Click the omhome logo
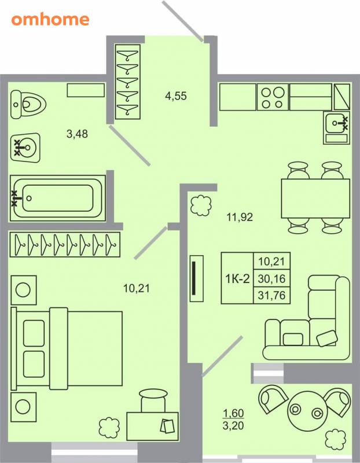(x=50, y=20)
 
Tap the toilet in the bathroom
(x=28, y=105)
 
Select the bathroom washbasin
(x=25, y=148)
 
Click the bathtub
(x=58, y=198)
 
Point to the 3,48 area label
(x=77, y=134)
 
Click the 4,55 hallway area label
(x=176, y=96)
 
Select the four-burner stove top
(x=273, y=97)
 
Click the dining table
(x=315, y=199)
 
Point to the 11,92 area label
(x=240, y=218)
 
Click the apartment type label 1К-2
(x=237, y=278)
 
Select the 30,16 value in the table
(x=271, y=278)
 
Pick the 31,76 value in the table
(x=271, y=295)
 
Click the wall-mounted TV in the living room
(x=197, y=278)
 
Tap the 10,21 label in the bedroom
(x=137, y=288)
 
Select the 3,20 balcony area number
(x=233, y=426)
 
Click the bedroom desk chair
(x=153, y=400)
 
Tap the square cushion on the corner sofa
(x=293, y=339)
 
